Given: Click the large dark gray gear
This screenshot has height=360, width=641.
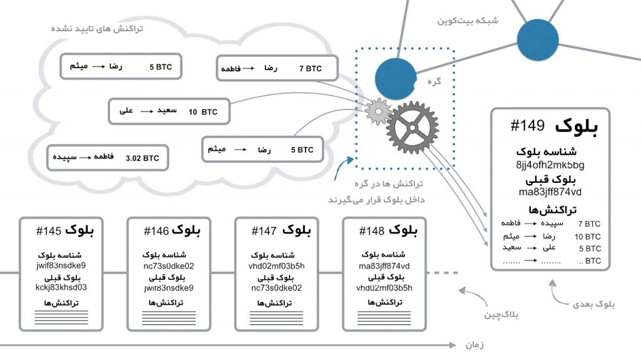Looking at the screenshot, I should coord(413,127).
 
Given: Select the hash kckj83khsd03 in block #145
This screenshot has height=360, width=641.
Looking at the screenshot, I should coord(61,287).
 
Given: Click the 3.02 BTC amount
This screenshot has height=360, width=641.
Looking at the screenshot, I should coord(142,158).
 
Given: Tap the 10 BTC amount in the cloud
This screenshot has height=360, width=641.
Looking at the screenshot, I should coord(202,112).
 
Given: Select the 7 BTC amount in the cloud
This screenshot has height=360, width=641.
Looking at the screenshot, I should coord(310,69).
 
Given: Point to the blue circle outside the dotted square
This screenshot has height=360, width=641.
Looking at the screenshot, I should coord(537,39).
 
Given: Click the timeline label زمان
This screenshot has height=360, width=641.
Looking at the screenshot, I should coord(474,345).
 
